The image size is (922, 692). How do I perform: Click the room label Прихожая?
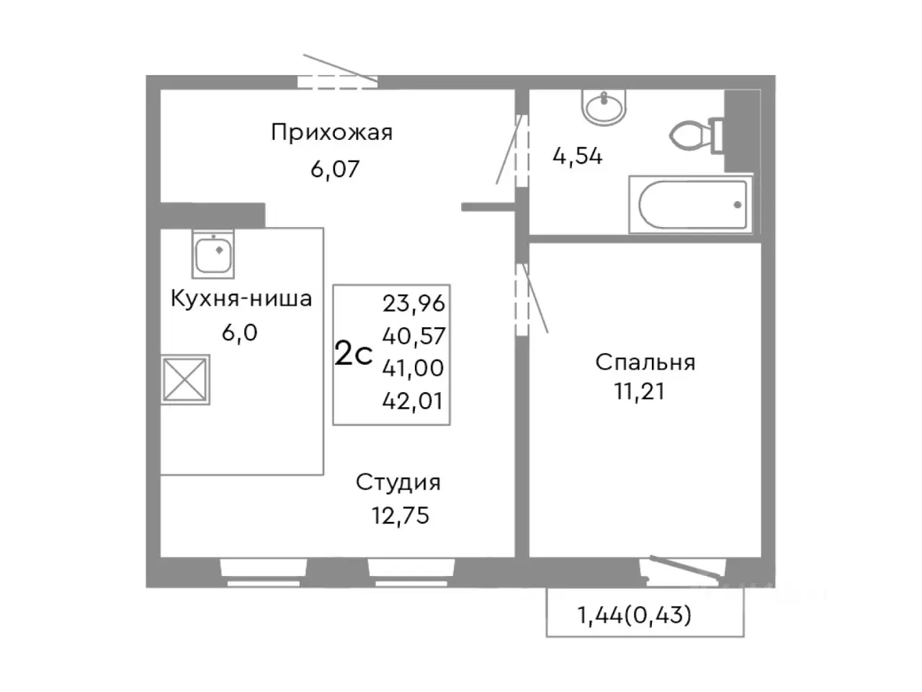click(x=331, y=133)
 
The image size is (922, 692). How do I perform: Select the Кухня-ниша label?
click(x=241, y=298)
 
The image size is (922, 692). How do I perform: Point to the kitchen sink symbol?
click(x=213, y=254)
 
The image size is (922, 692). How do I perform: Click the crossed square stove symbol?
click(x=185, y=379)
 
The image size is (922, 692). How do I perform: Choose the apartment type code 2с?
click(x=354, y=355)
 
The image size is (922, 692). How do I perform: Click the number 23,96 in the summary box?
click(x=413, y=303)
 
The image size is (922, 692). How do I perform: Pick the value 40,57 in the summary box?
click(x=413, y=336)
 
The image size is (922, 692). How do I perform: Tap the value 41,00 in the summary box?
click(x=413, y=368)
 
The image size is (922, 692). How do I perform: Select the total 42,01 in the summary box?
click(x=413, y=401)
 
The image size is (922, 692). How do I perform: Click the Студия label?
click(x=398, y=482)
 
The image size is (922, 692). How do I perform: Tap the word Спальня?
click(x=645, y=362)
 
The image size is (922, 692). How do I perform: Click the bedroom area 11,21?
click(x=638, y=391)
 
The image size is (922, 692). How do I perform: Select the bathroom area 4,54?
click(x=577, y=156)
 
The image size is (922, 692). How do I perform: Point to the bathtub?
click(x=691, y=204)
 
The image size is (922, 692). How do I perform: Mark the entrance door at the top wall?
click(x=338, y=80)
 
